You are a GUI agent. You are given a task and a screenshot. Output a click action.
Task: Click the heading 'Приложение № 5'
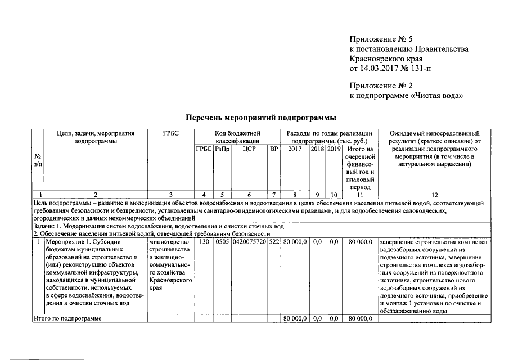[x=381, y=39]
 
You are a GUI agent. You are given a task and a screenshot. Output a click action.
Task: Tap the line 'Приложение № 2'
[x=381, y=85]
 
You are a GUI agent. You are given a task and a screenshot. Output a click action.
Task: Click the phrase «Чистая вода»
[x=438, y=96]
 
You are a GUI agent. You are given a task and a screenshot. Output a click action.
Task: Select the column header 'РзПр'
[x=223, y=149]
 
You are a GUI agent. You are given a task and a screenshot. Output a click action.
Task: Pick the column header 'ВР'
[x=274, y=149]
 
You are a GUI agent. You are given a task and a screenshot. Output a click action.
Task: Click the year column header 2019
[x=334, y=149]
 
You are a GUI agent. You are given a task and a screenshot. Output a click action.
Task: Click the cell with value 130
[x=204, y=242]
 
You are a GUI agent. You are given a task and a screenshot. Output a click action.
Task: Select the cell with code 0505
[x=223, y=242]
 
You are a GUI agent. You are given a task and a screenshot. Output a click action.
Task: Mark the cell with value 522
[x=274, y=242]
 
